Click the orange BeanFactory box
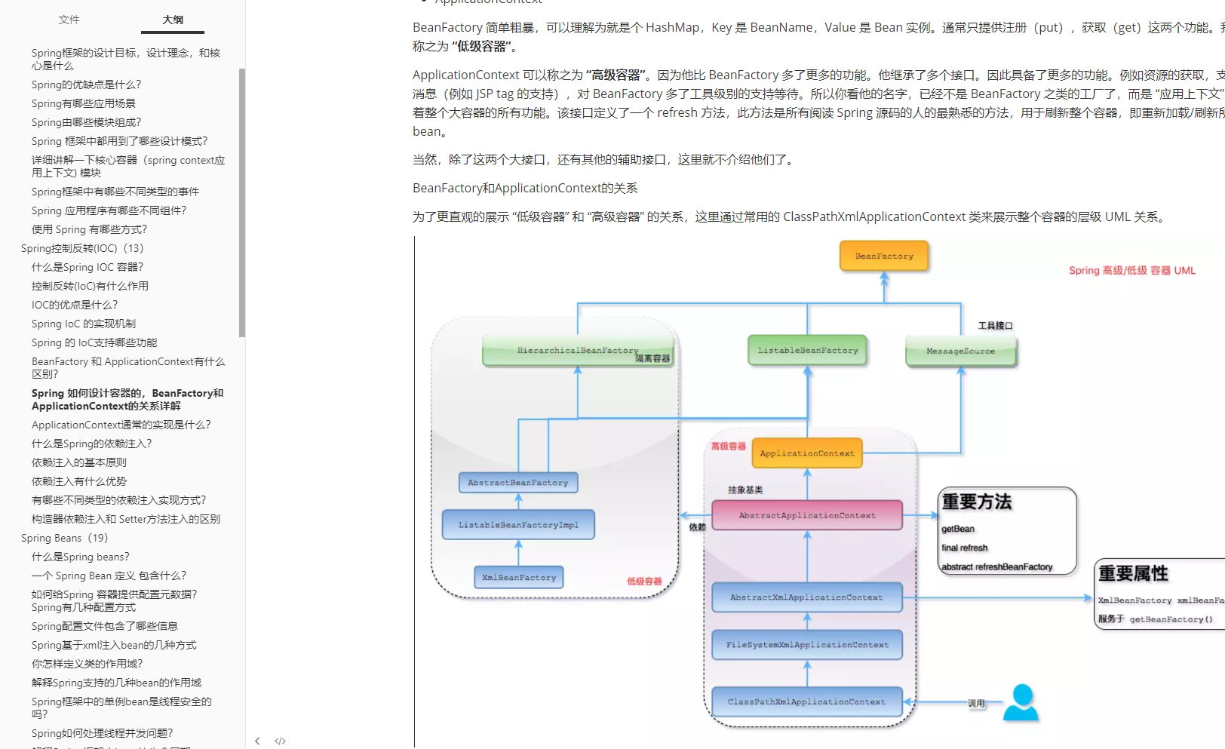[884, 256]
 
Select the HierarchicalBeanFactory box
[578, 351]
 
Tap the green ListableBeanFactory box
[807, 351]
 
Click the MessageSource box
[960, 351]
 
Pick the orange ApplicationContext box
[807, 453]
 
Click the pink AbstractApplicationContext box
[807, 515]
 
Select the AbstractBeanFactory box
[518, 483]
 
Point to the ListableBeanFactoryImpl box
[518, 525]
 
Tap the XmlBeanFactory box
[519, 578]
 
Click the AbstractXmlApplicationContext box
[806, 597]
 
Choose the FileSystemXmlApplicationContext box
[807, 645]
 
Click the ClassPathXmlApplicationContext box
[806, 701]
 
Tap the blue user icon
[1021, 702]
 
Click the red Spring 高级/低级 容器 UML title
[1131, 270]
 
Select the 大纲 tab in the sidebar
[173, 20]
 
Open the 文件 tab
[69, 20]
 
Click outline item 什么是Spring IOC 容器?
[87, 267]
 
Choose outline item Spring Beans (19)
[65, 538]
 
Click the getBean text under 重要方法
[958, 529]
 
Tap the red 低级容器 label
[644, 582]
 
